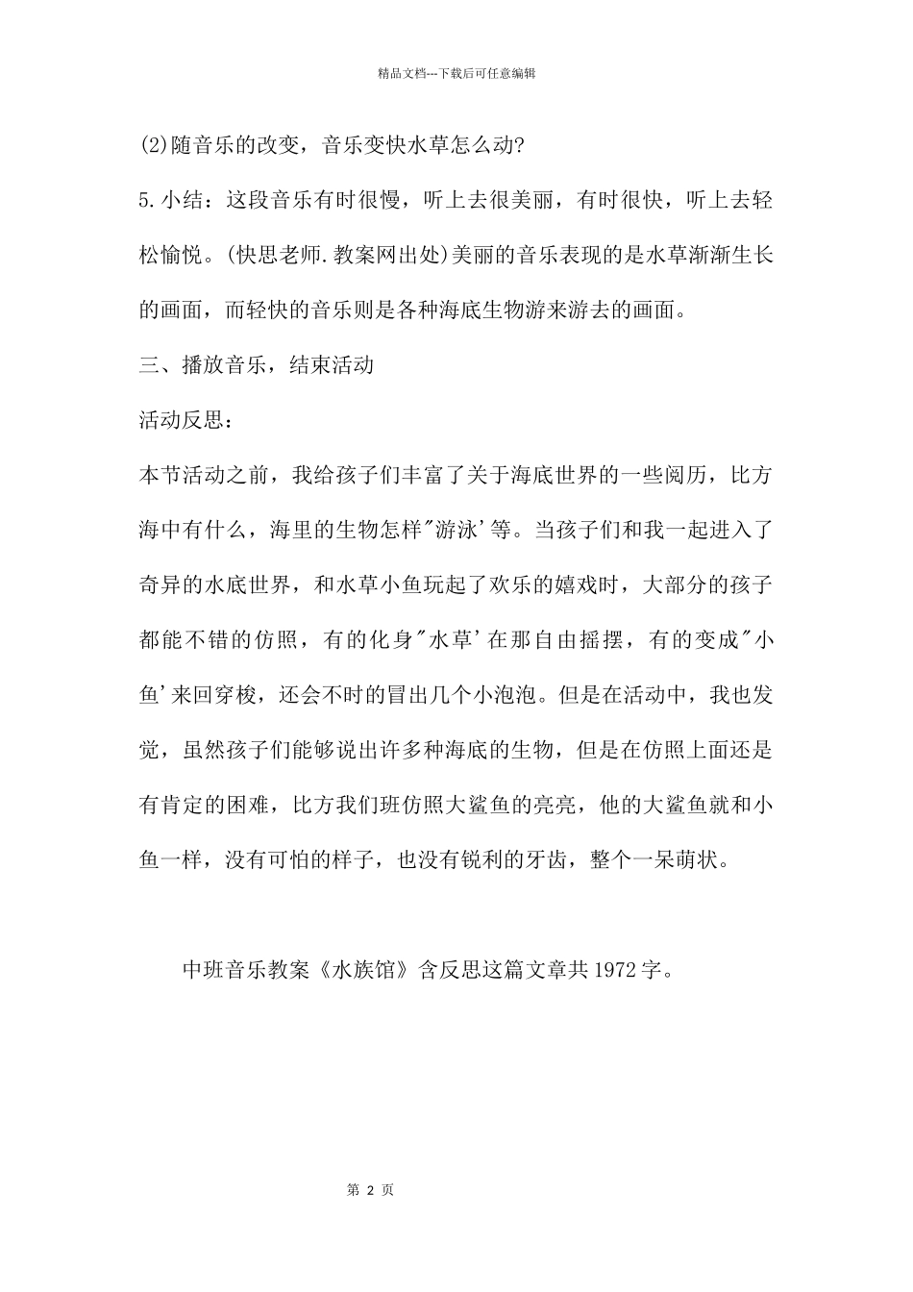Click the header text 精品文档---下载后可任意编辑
click(456, 73)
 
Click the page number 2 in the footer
click(369, 1190)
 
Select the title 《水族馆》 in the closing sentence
click(364, 970)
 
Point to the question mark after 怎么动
click(520, 146)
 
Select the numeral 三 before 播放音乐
click(149, 365)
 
